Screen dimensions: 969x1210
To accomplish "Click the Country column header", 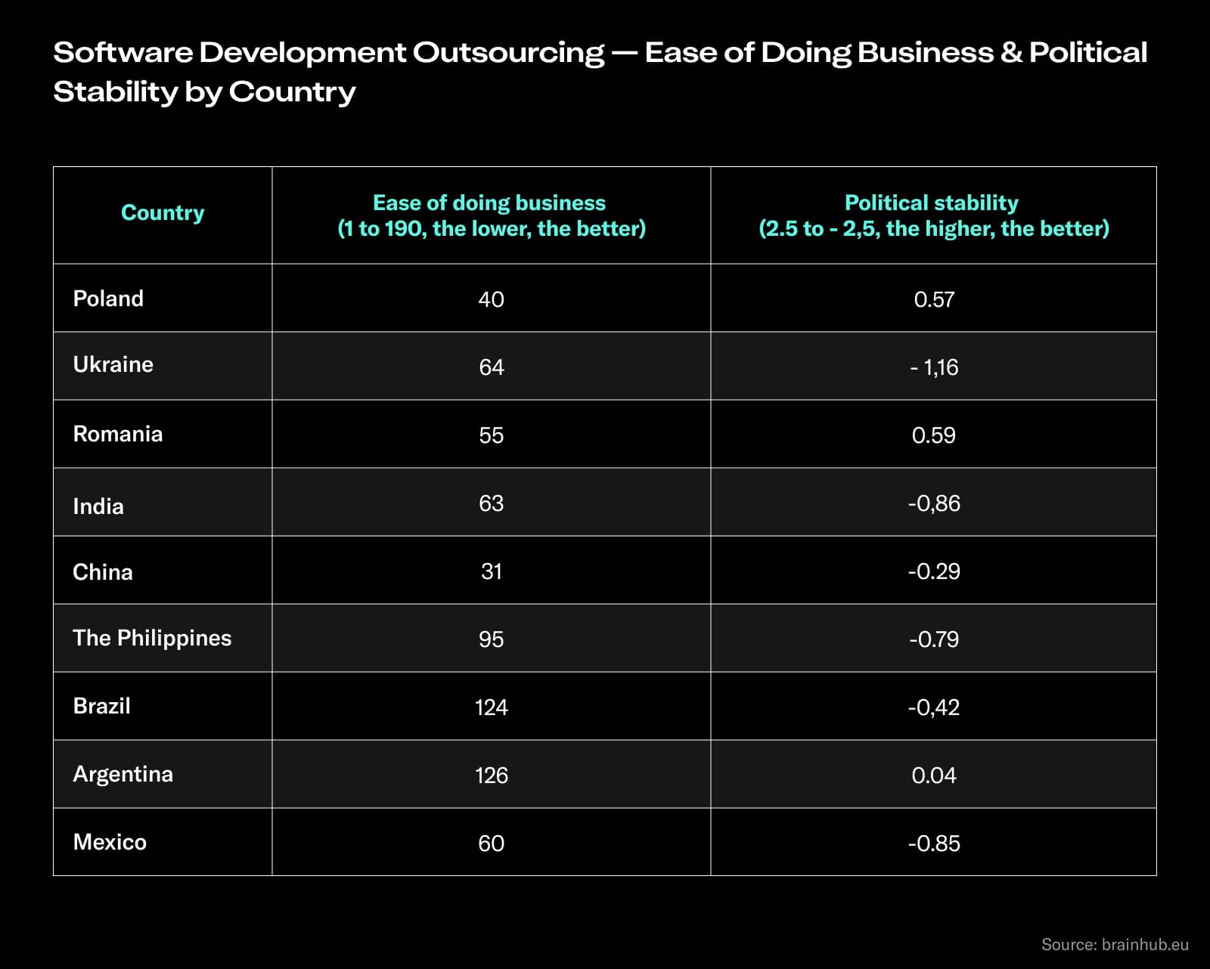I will click(163, 213).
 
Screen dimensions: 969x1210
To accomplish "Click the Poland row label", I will click(108, 299).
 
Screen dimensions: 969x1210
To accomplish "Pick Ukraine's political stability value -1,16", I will click(934, 367).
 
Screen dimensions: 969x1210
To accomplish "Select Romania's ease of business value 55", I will click(491, 435).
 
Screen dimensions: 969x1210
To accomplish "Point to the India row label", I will click(98, 506).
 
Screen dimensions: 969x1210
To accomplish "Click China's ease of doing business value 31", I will click(491, 571).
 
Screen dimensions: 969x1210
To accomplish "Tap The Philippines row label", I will click(152, 638).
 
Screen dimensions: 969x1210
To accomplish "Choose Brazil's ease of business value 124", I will click(491, 707).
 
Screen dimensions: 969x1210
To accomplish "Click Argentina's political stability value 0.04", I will click(933, 776).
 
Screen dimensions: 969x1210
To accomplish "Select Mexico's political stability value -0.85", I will click(933, 844).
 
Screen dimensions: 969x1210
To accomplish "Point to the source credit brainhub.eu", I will click(1115, 944).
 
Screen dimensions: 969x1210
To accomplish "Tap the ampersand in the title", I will click(1010, 53).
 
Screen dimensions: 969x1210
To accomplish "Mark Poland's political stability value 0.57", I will click(933, 299).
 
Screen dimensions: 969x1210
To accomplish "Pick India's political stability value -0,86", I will click(933, 503).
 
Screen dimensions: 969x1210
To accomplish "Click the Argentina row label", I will click(123, 774).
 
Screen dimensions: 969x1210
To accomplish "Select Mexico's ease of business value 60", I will click(491, 844).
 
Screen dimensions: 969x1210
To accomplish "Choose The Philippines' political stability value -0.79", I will click(933, 639).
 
